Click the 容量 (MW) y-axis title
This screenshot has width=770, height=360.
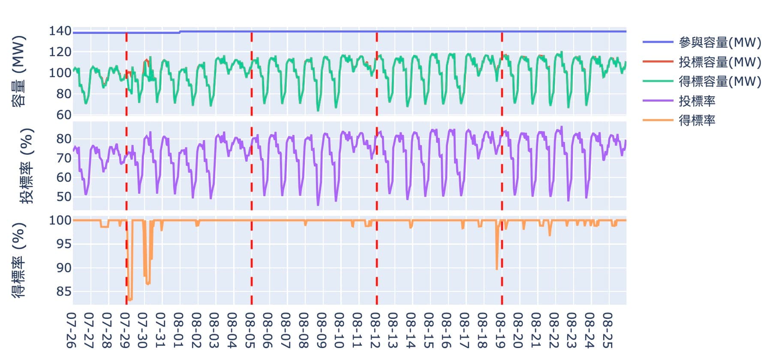click(x=18, y=71)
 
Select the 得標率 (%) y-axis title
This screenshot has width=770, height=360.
click(x=18, y=260)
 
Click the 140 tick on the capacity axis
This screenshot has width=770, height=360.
click(x=60, y=31)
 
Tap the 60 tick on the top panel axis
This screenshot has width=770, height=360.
click(x=63, y=115)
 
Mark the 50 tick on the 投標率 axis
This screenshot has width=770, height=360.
click(x=63, y=197)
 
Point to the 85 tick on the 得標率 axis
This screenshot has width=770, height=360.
click(x=63, y=291)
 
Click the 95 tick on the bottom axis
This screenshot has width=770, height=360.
click(x=63, y=244)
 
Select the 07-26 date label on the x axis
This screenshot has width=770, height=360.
click(x=72, y=330)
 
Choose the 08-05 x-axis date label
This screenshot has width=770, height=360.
click(x=250, y=330)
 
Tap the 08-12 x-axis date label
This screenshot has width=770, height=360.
click(x=376, y=330)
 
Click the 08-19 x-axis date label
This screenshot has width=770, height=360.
click(x=501, y=330)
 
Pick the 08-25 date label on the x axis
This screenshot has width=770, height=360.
click(x=608, y=330)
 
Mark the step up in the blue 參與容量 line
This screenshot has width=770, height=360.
click(x=180, y=32)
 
